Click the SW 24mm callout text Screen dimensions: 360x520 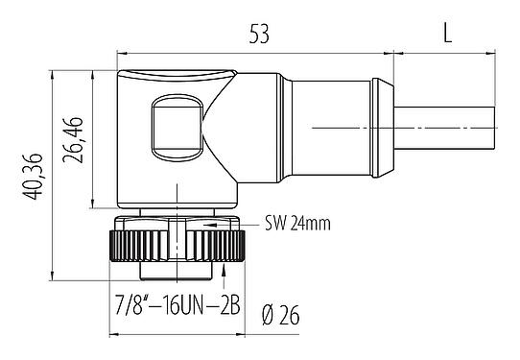tap(297, 224)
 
